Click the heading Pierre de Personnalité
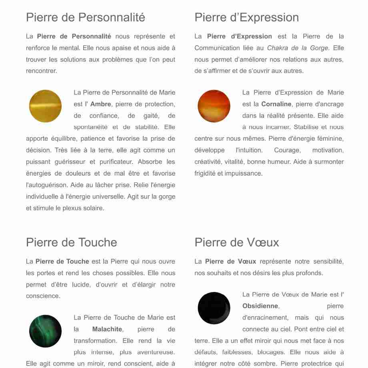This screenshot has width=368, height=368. click(86, 18)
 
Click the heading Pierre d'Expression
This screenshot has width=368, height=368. click(246, 18)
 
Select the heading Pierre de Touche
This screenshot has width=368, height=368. click(72, 242)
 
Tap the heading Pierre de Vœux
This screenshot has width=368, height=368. click(237, 242)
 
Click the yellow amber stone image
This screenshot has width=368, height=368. click(46, 106)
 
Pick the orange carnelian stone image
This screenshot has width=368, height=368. click(214, 106)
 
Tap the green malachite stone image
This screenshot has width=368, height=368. click(46, 331)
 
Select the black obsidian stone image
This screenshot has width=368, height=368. click(214, 308)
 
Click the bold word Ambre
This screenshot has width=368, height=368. click(101, 104)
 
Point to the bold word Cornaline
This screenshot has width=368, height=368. click(276, 104)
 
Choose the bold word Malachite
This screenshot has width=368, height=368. click(107, 329)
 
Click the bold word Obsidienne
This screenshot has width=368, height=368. click(260, 306)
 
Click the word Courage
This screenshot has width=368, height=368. click(287, 150)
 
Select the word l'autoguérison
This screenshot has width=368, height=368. click(45, 185)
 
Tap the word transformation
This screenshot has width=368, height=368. click(94, 341)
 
